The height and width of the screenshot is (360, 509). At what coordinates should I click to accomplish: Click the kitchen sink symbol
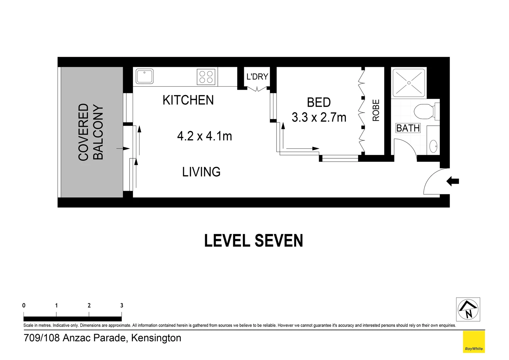[145, 76]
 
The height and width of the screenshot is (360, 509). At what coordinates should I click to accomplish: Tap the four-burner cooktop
[206, 77]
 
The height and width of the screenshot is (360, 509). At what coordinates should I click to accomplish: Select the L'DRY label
[257, 77]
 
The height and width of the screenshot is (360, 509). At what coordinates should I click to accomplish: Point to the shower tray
[409, 82]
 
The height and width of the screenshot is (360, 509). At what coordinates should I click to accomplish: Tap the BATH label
[408, 128]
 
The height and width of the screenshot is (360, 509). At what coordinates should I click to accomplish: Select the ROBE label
[376, 110]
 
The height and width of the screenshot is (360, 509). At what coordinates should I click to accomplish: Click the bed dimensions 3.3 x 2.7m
[319, 117]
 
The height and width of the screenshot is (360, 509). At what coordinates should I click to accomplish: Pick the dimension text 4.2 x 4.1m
[205, 136]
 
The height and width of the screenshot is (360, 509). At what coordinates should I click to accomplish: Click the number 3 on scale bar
[122, 305]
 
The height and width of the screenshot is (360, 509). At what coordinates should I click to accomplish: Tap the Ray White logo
[474, 342]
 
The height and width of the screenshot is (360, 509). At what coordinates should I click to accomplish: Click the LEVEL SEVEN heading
[254, 241]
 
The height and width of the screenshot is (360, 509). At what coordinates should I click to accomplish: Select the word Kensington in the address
[156, 338]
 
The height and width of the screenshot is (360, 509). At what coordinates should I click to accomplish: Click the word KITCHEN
[188, 100]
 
